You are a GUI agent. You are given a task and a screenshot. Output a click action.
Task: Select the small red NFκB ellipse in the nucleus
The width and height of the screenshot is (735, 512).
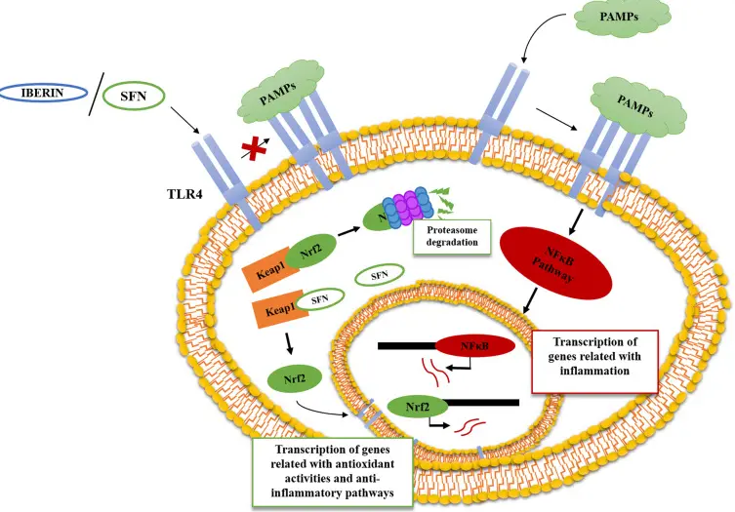tap(475, 344)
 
